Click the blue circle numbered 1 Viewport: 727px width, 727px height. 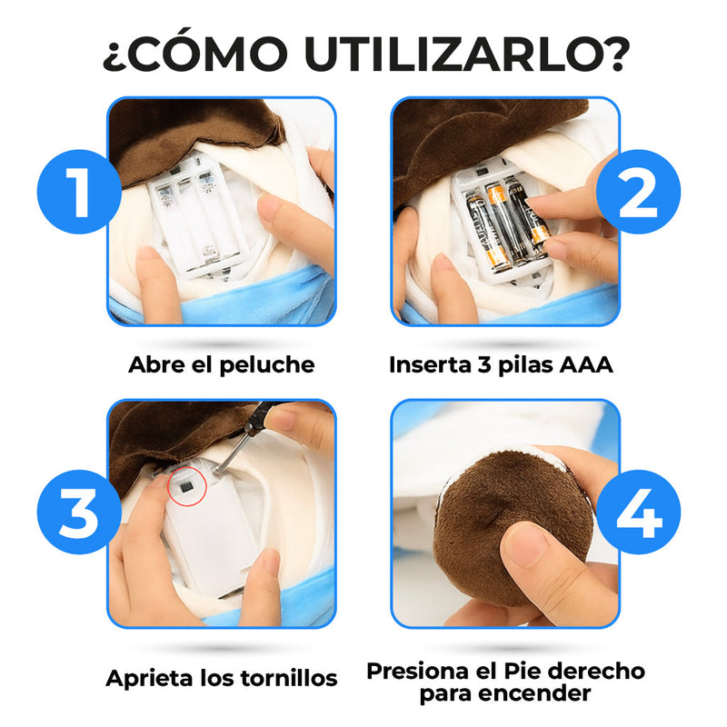coord(80,192)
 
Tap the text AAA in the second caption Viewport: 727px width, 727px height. coord(585,365)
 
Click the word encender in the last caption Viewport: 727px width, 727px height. coord(547,694)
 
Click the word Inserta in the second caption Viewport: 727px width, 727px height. coord(428,365)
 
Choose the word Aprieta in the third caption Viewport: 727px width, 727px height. coord(147,678)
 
